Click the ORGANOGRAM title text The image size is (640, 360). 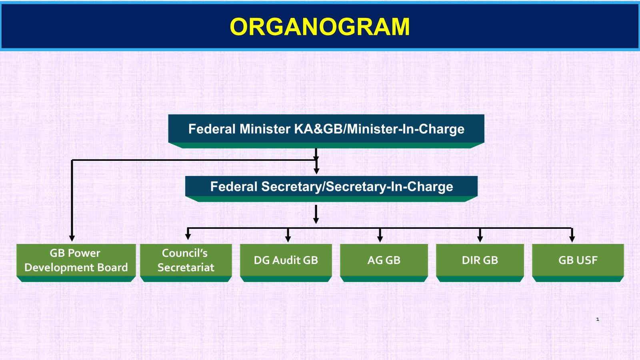(x=320, y=26)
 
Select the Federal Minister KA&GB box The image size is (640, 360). (x=326, y=131)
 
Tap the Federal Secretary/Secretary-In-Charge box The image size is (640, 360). (x=332, y=189)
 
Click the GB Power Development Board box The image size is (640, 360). (x=76, y=263)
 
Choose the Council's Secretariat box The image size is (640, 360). (x=186, y=263)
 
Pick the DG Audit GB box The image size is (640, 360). (x=286, y=263)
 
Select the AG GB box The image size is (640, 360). (x=384, y=263)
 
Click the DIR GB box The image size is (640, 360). (x=480, y=263)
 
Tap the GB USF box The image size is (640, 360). (x=578, y=263)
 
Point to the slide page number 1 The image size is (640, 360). (x=598, y=319)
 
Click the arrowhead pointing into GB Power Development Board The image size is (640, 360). (x=72, y=238)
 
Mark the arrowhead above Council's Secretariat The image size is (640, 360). (x=188, y=236)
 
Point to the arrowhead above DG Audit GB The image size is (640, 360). (x=288, y=239)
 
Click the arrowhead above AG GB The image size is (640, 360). (x=380, y=239)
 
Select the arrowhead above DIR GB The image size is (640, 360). (x=480, y=239)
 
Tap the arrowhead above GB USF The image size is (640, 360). (x=572, y=239)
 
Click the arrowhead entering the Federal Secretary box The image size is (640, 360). (x=316, y=171)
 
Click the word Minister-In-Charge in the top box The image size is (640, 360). (x=406, y=129)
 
